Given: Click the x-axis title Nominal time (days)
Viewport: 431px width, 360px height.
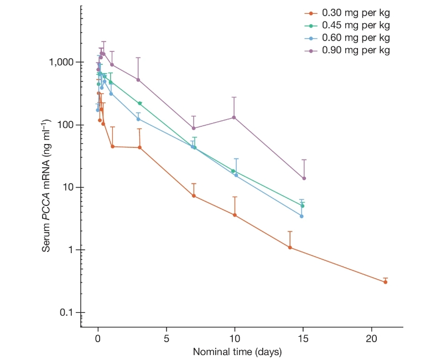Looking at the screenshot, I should click(x=237, y=352).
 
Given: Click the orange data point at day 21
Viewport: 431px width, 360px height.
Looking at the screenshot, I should click(x=385, y=282).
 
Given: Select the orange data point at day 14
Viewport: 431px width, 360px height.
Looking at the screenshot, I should click(x=290, y=247).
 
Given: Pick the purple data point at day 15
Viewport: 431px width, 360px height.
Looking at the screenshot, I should click(x=304, y=178).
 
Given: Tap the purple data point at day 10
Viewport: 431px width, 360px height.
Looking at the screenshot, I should click(x=235, y=117).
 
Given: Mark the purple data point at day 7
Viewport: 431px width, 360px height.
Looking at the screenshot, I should click(x=194, y=128).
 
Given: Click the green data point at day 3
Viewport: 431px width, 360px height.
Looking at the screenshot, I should click(x=140, y=104).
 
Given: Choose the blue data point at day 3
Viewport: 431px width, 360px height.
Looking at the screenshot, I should click(x=138, y=119).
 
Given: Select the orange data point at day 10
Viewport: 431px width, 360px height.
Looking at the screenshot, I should click(x=235, y=215).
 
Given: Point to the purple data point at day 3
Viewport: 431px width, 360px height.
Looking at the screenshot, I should click(x=138, y=80).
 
